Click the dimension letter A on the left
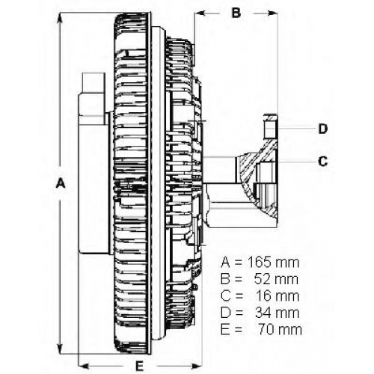point(61,183)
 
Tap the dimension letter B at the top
point(236,13)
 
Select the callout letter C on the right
point(322,162)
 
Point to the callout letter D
point(323,129)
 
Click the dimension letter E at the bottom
point(139,366)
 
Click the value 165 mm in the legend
point(273,263)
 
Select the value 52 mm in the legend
point(276,279)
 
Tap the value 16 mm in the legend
point(278,295)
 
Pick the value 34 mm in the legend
point(277,313)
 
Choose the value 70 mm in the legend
point(280,329)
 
